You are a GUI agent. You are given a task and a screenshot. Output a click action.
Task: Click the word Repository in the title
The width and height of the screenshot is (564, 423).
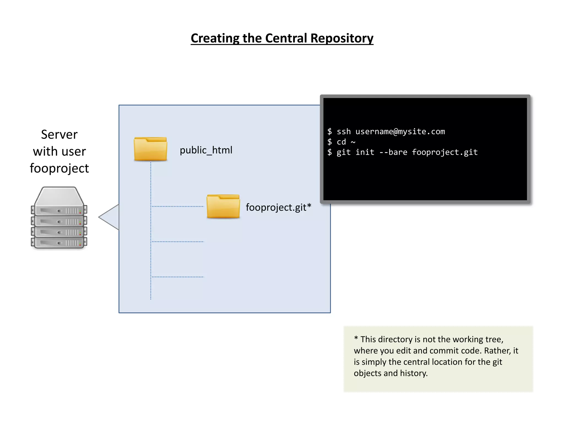tap(342, 38)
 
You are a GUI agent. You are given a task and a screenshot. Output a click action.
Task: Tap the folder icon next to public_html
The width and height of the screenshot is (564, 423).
tap(150, 149)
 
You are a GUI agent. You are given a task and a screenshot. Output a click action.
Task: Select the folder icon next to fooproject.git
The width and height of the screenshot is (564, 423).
tap(223, 207)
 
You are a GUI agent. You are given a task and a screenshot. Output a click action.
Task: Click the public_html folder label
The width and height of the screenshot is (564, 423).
tap(206, 150)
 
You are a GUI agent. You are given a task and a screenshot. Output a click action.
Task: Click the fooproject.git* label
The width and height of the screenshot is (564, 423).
tap(278, 207)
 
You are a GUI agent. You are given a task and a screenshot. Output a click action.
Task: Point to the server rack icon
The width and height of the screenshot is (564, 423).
tap(59, 218)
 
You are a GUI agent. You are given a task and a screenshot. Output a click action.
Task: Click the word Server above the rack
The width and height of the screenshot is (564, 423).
tap(59, 134)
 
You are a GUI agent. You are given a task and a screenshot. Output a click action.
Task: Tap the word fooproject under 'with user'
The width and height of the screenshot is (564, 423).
tap(59, 168)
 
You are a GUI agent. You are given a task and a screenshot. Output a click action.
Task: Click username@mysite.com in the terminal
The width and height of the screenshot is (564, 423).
tap(400, 132)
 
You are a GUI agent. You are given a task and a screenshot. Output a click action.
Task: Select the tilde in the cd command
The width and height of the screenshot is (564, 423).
tap(353, 142)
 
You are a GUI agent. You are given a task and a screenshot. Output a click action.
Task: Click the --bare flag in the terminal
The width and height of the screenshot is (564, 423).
tap(393, 152)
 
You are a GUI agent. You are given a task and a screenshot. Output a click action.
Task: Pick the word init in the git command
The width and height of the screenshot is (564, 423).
tap(365, 152)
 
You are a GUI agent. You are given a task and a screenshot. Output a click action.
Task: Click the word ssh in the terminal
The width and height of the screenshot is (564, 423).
tap(344, 132)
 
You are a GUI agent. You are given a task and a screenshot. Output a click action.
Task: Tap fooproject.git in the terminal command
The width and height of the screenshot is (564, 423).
tap(444, 152)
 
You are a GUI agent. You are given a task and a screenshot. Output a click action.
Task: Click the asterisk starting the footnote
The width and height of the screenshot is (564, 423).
tap(356, 338)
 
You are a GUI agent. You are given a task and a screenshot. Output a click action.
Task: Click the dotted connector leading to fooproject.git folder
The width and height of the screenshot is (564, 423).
tap(178, 206)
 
